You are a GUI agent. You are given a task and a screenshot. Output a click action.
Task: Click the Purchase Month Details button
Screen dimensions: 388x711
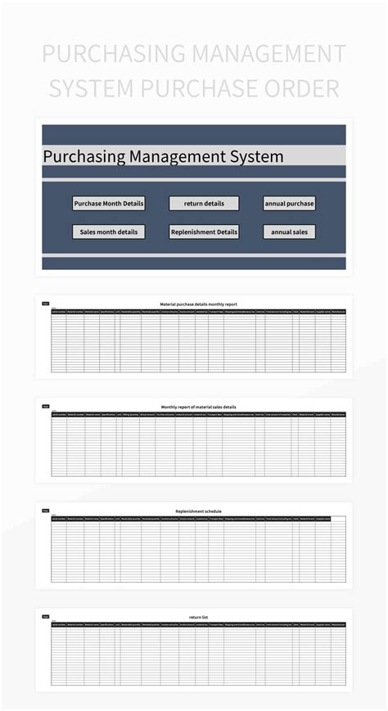pos(109,203)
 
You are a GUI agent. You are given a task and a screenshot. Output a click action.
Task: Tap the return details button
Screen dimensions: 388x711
pos(204,203)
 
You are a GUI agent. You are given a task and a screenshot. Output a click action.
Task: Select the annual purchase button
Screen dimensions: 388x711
pos(289,203)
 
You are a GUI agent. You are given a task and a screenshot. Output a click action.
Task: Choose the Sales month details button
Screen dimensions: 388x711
pos(109,232)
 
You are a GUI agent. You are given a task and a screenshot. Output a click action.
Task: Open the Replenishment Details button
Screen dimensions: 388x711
pos(204,232)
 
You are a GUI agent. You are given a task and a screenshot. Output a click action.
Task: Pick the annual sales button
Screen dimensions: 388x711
pos(289,232)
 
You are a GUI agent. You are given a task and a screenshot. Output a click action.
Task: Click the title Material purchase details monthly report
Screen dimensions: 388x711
pos(198,304)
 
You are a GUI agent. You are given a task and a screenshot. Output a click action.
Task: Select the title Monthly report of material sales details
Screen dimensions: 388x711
pos(198,407)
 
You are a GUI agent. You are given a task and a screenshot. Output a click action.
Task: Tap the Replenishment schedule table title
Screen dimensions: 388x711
pos(198,511)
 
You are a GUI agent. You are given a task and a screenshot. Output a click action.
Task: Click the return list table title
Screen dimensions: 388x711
pos(198,616)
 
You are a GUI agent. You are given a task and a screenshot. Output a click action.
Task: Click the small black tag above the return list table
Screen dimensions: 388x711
pos(46,616)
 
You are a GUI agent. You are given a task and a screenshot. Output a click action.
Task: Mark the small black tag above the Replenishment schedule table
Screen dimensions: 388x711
pos(46,511)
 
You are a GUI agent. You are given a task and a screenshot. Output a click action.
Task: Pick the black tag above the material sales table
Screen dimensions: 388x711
pos(46,407)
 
